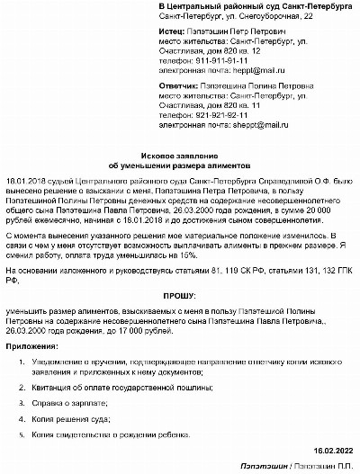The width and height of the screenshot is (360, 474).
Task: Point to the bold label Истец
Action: (171, 31)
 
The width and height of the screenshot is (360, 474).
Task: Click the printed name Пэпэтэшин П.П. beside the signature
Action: (322, 466)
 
